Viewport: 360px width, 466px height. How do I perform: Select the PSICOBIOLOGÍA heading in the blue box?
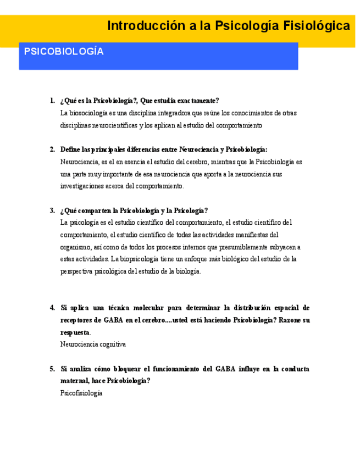click(64, 52)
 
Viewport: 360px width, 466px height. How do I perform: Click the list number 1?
click(52, 101)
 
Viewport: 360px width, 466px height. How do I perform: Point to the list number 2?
click(52, 149)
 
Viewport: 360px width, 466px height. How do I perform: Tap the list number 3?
click(52, 210)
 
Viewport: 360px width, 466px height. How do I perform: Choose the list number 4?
click(52, 308)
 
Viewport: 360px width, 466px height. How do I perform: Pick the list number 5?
click(52, 369)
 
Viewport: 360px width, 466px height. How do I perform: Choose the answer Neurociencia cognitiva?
click(93, 345)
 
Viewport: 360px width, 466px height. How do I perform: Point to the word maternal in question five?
click(76, 381)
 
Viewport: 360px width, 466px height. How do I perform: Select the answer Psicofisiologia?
click(81, 393)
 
